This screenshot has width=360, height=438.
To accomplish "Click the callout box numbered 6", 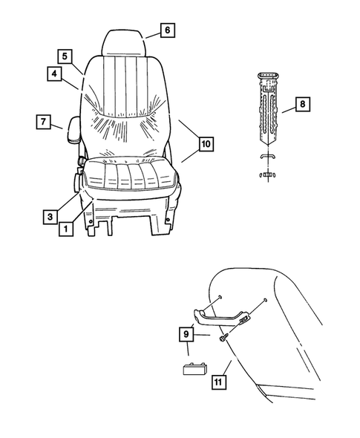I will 167,30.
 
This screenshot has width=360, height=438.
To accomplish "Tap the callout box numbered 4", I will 55,73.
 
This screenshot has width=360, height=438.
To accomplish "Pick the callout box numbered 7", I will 43,121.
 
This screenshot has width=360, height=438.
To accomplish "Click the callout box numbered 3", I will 49,216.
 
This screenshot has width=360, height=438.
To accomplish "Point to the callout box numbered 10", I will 206,143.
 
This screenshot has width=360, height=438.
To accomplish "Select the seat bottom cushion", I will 130,178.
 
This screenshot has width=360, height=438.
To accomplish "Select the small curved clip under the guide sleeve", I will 266,158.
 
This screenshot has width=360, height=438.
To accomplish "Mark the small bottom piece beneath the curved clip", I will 266,174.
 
